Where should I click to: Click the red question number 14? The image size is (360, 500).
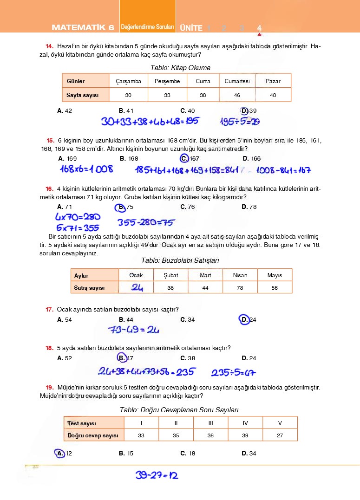click(x=49, y=46)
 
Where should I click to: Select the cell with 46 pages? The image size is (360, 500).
click(x=237, y=95)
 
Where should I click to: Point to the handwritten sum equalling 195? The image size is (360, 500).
click(x=150, y=122)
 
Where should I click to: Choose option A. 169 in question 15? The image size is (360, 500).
click(x=68, y=158)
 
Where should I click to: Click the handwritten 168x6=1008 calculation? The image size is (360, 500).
click(x=86, y=169)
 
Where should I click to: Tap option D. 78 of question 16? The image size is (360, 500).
click(x=249, y=207)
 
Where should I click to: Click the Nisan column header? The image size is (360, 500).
click(x=240, y=275)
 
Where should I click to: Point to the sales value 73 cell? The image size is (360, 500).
click(x=240, y=288)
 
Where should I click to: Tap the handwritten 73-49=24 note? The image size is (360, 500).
click(x=133, y=330)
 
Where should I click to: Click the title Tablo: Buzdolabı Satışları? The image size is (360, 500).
click(x=180, y=261)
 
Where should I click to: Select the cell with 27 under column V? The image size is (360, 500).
click(x=280, y=435)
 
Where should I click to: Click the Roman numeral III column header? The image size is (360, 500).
click(x=211, y=423)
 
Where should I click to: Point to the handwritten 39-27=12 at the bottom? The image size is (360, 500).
click(x=157, y=475)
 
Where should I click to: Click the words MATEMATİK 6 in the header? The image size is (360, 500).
click(x=83, y=28)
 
